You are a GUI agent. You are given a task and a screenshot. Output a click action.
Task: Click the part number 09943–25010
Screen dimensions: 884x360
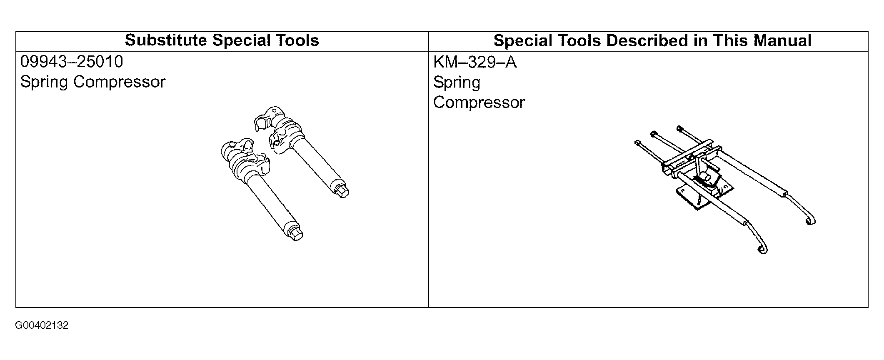click(x=72, y=62)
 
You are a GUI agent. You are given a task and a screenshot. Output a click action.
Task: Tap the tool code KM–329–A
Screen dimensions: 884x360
click(x=475, y=62)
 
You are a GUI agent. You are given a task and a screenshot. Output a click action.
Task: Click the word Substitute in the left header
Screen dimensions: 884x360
click(x=166, y=40)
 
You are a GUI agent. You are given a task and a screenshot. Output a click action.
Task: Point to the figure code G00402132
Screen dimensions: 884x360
click(x=42, y=325)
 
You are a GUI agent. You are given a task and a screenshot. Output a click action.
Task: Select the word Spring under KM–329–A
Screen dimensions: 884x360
click(x=457, y=83)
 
